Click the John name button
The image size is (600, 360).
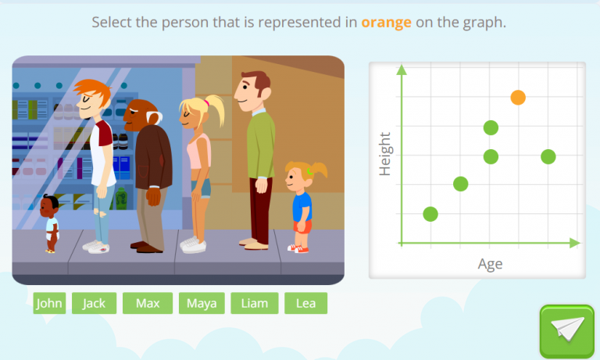tap(49, 303)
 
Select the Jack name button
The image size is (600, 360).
tap(94, 303)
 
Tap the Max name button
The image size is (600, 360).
tap(148, 303)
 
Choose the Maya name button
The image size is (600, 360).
tap(202, 303)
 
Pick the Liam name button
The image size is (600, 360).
tap(254, 303)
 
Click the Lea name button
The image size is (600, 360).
tap(305, 303)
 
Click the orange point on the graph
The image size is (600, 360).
tap(518, 98)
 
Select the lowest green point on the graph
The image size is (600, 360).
tap(430, 213)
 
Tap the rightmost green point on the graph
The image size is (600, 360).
tap(548, 156)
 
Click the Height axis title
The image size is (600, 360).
tap(384, 154)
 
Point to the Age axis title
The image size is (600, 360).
tap(490, 264)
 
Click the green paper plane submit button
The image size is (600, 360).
tap(566, 330)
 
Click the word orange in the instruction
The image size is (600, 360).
tap(386, 22)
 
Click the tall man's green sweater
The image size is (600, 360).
tap(260, 144)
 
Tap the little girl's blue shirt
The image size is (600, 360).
tap(302, 207)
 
